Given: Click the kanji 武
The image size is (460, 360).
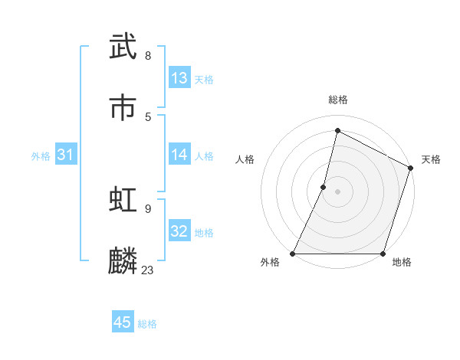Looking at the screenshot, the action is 123,46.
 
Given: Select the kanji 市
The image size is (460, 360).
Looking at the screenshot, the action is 123,107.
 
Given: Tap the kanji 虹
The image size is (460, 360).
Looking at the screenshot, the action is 123,198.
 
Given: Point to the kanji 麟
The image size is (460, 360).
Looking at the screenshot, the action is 123,260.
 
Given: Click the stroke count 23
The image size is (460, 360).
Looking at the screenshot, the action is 147,270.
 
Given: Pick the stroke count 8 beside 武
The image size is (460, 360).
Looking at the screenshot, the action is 147,55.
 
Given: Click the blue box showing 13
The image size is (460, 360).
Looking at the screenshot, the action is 179,78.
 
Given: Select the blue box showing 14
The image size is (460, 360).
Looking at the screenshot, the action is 179,155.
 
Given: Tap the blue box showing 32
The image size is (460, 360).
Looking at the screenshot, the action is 179,231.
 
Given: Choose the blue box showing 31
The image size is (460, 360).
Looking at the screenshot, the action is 65,155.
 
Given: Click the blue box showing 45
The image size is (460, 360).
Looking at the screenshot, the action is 123,323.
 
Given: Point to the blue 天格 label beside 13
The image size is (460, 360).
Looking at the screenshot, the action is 204,80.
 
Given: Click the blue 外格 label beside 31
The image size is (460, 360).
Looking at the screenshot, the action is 41,156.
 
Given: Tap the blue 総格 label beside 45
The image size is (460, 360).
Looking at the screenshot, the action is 147,325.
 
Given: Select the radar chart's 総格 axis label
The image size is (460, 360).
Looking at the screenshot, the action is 338,100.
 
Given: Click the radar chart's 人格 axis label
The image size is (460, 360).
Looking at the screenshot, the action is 245,159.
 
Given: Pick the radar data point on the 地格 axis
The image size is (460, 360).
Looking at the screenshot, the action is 383,254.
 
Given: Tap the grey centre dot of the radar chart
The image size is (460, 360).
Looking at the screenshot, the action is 337,191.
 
